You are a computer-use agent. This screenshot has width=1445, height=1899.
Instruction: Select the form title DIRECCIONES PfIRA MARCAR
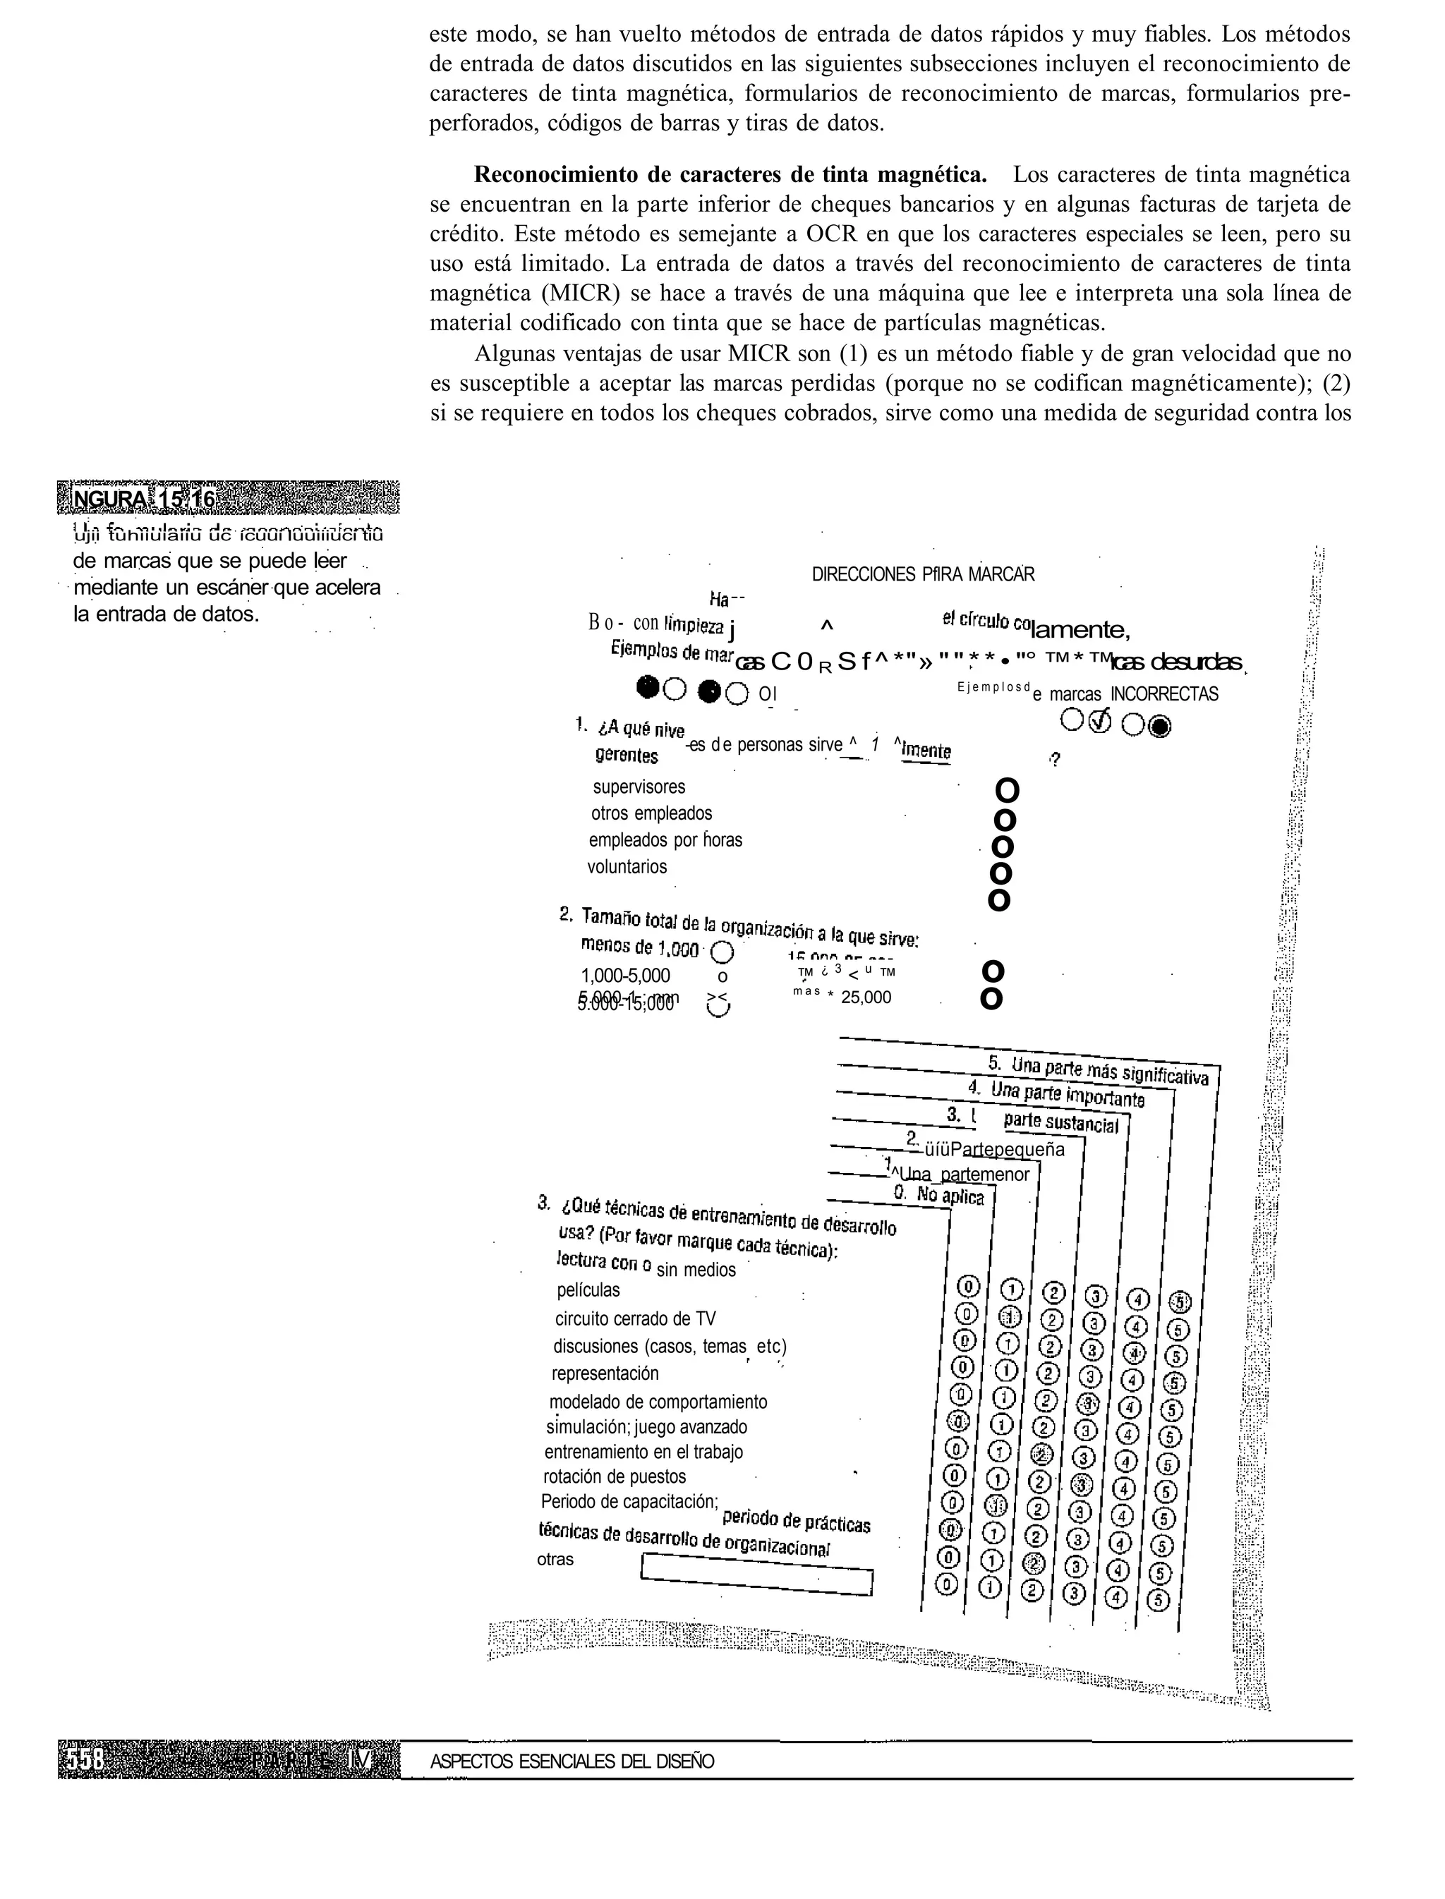pos(923,574)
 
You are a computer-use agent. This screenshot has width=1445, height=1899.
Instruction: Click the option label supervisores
pos(639,787)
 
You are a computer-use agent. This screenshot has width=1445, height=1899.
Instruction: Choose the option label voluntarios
pos(627,867)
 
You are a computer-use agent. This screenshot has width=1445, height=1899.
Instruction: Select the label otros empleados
pos(651,813)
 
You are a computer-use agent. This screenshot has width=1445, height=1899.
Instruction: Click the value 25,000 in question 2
pos(866,997)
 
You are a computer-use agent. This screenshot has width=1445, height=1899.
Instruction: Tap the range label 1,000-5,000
pos(625,976)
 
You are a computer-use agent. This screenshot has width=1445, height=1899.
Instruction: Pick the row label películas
pos(588,1290)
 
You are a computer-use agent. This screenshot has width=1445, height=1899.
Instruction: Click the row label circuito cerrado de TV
pos(635,1318)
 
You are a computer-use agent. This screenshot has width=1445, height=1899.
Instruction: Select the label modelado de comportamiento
pos(658,1402)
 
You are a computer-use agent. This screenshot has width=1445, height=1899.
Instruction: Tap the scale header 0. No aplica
pos(938,1196)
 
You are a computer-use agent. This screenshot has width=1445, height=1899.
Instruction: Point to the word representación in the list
pos(605,1373)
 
